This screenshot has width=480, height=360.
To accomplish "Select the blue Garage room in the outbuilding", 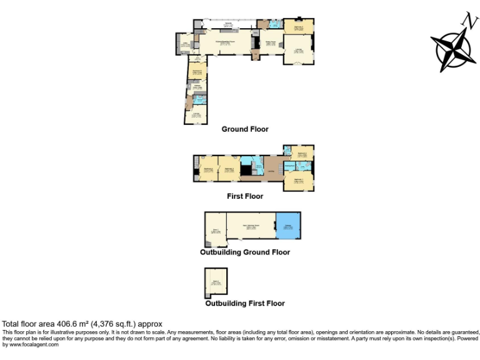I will tap(288, 226).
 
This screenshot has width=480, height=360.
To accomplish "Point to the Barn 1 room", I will tap(216, 229).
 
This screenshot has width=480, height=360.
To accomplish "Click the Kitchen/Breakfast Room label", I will tap(225, 42).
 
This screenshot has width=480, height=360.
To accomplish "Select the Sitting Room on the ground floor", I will tap(270, 43).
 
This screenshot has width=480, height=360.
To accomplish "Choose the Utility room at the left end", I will tap(185, 44).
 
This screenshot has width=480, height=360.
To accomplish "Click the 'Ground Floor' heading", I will tap(245, 129).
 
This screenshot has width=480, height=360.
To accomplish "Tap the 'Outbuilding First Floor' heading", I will tap(245, 303).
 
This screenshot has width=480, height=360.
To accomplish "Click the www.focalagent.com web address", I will tap(31, 344).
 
